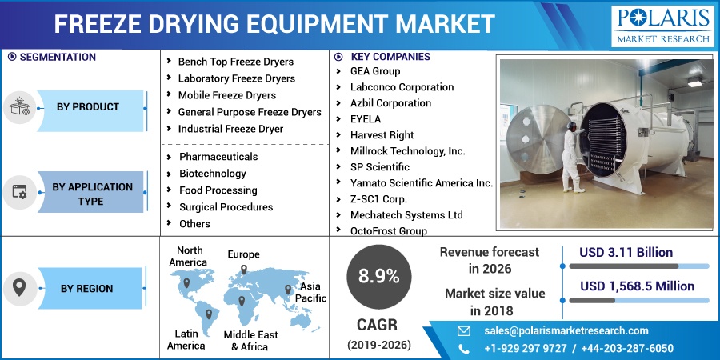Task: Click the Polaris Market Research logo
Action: point(662,26)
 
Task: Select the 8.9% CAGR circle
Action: point(379,277)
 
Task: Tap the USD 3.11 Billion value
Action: point(626,253)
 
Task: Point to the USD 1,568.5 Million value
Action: point(638,286)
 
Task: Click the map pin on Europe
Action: point(244,270)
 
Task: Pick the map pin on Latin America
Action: point(209,314)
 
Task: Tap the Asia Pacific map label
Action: point(310,293)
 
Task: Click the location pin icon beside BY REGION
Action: point(19,288)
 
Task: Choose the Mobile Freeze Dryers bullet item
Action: point(227,95)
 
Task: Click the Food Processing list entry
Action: point(218,190)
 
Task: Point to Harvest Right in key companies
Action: point(382,135)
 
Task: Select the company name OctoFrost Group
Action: point(389,231)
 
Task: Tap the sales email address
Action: point(566,330)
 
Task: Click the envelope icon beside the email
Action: point(464,330)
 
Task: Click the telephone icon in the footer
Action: point(464,349)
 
